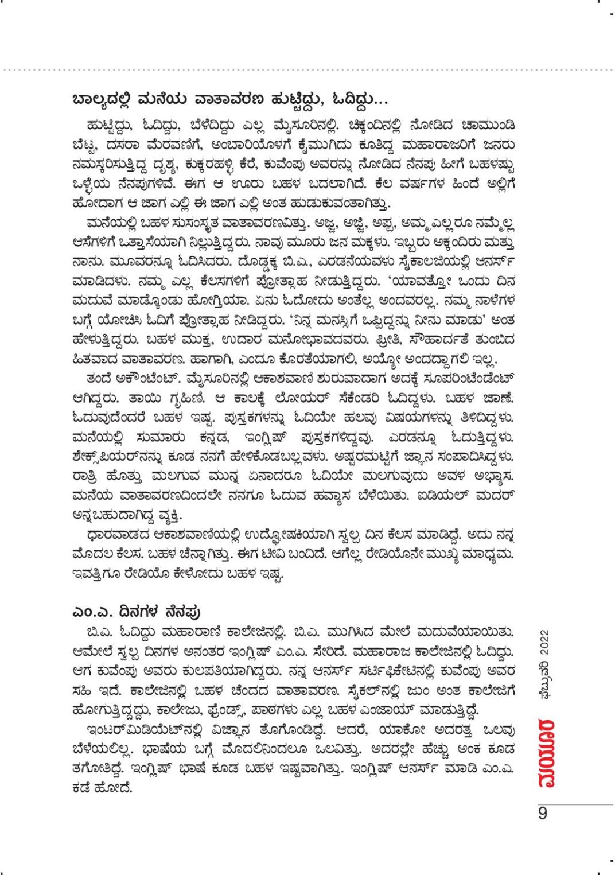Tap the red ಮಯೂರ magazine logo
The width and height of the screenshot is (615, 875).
pyautogui.click(x=543, y=751)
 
